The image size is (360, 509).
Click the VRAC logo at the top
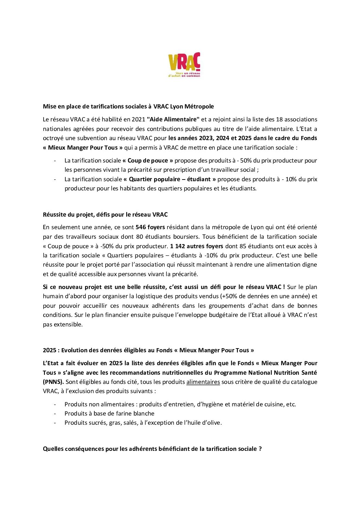184,65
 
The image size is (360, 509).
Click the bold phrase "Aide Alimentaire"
173,119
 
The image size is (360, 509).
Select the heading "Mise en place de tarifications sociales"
128,106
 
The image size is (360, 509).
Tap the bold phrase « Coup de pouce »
148,160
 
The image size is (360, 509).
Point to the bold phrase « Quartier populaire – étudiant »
169,179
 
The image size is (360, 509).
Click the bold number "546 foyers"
150,227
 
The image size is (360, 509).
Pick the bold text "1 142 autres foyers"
197,246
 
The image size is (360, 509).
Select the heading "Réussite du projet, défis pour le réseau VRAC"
105,215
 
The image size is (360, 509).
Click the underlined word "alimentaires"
203,382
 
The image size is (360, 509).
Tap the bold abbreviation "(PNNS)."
53,382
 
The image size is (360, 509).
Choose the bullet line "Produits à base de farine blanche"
109,413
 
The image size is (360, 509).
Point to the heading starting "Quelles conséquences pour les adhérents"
152,449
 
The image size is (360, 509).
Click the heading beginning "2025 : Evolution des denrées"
148,350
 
